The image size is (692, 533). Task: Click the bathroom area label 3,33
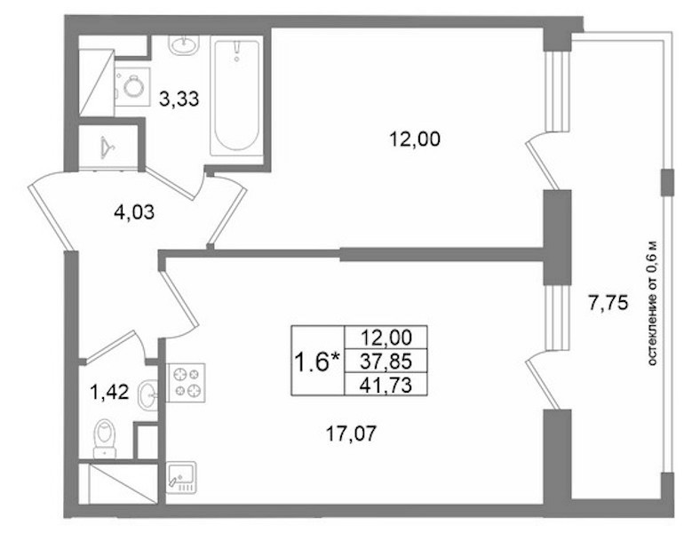click(x=179, y=99)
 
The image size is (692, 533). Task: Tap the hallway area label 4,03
click(x=134, y=212)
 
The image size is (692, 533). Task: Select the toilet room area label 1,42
click(x=109, y=392)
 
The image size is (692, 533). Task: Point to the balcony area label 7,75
click(x=608, y=303)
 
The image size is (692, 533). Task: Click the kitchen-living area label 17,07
click(x=351, y=434)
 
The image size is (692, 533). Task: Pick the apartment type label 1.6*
click(x=317, y=362)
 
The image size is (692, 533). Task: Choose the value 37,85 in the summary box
click(x=386, y=362)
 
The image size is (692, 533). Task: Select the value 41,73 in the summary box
click(x=386, y=386)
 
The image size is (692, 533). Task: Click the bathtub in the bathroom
click(x=236, y=95)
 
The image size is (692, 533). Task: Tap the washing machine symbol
click(x=132, y=87)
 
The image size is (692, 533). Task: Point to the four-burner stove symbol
click(x=186, y=383)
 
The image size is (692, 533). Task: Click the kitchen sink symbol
click(x=181, y=477)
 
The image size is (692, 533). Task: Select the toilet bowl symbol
click(x=105, y=438)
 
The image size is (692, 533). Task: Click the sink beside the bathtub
click(x=183, y=44)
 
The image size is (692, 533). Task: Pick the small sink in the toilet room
click(x=147, y=394)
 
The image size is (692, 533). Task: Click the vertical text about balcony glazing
click(x=652, y=304)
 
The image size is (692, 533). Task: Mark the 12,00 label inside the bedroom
click(x=415, y=139)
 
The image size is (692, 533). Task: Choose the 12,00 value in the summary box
click(x=386, y=338)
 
